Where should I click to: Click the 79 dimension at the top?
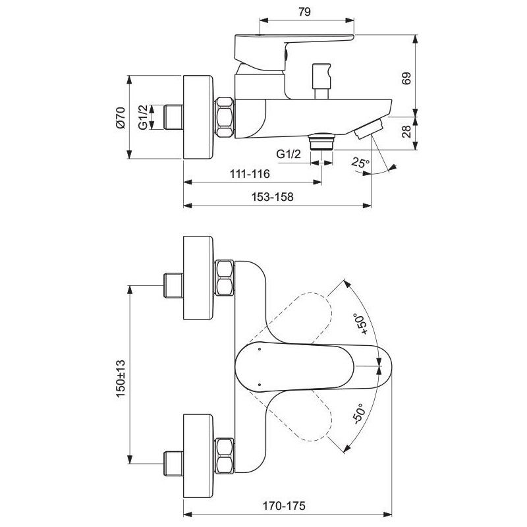pos(304,12)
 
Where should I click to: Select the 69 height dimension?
pos(406,78)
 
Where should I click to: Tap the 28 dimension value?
pos(406,131)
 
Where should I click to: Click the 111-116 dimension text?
pos(250,174)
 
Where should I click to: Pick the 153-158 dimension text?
pos(272,196)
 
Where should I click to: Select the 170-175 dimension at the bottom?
pos(284,505)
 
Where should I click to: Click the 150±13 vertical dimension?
pos(121,378)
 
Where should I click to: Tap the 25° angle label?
pos(360,162)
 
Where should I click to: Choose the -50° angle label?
pos(358,414)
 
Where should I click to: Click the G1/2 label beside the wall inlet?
pos(143,117)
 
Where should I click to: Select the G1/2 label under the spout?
pos(289,154)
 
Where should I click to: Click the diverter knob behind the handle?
pos(322,81)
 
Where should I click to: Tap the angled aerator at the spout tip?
pos(368,128)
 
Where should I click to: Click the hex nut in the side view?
pos(224,117)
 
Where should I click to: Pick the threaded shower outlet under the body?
pos(321,142)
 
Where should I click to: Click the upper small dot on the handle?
pos(259,349)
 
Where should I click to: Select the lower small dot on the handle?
pos(259,384)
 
